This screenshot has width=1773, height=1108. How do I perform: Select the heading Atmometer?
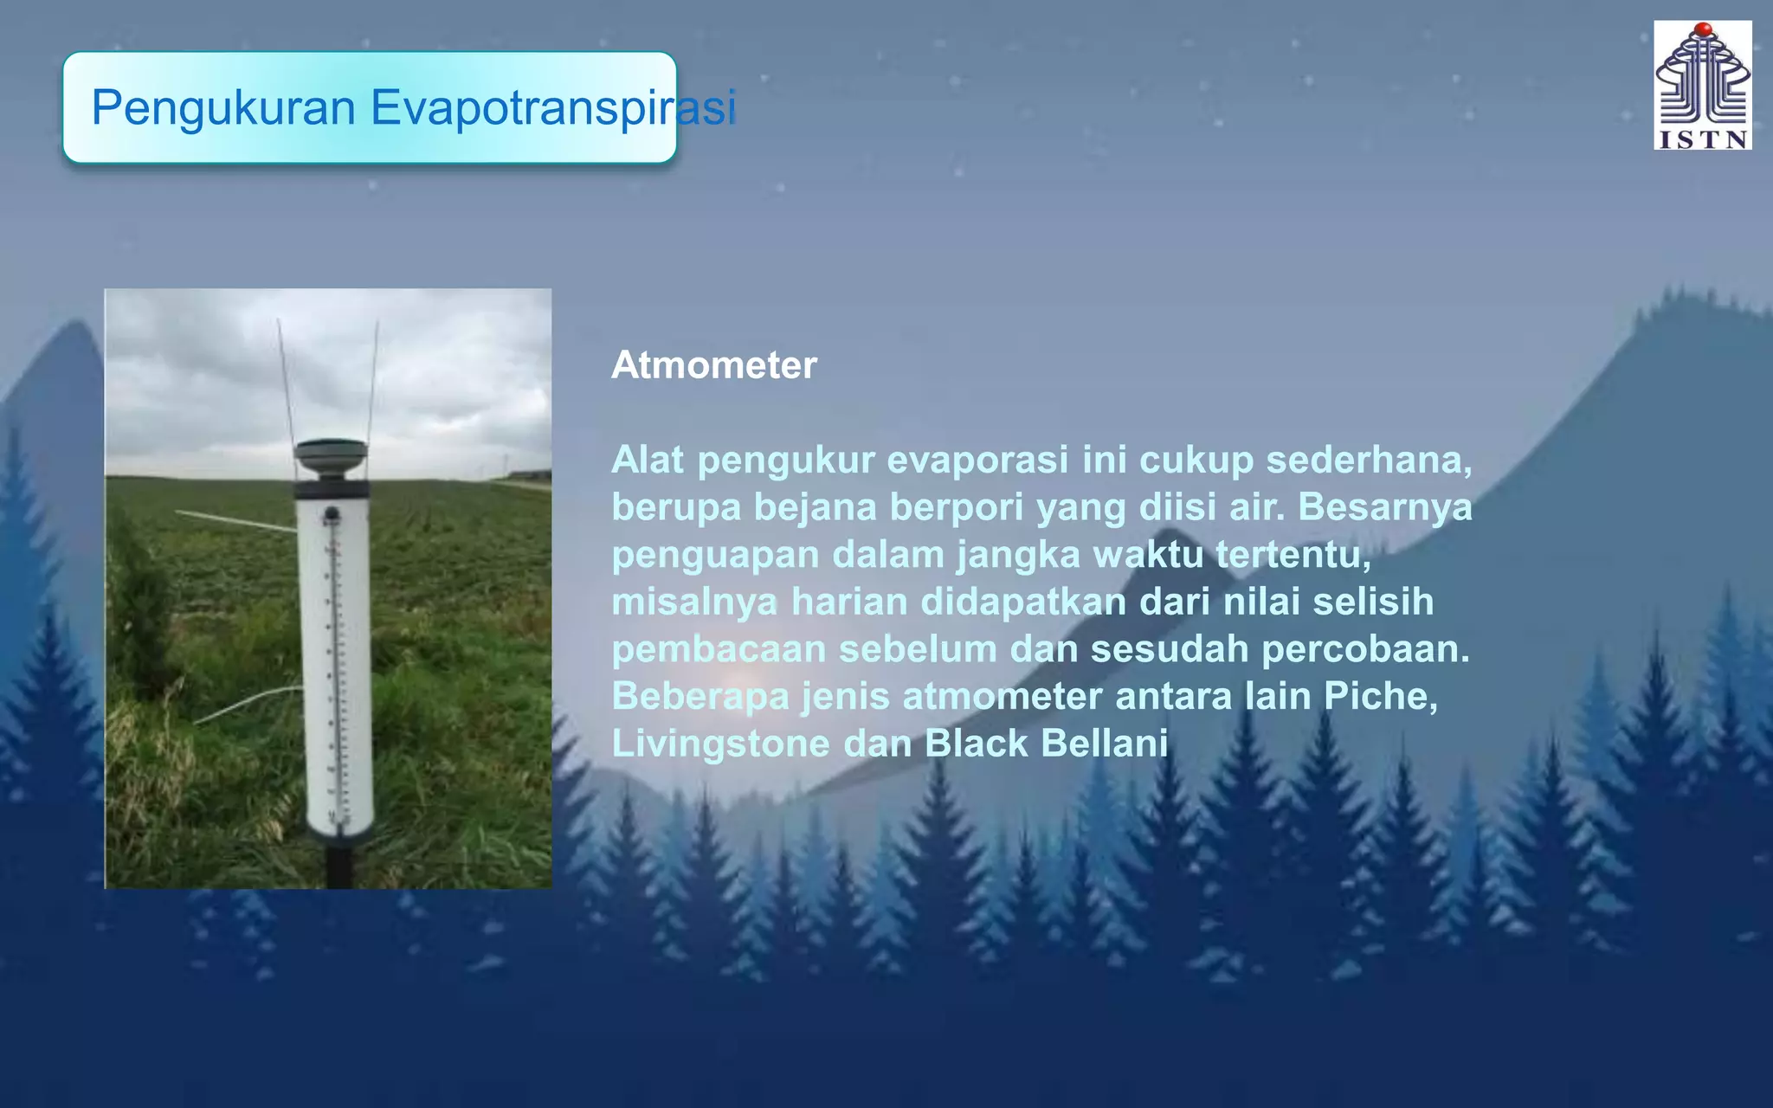click(713, 365)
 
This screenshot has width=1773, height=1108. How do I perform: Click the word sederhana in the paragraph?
click(1368, 460)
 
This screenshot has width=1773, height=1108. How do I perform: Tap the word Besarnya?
click(1384, 507)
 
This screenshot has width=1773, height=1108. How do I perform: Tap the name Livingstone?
click(720, 744)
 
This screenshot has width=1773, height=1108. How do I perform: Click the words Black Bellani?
click(1046, 744)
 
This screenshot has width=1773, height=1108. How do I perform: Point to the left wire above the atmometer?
click(287, 381)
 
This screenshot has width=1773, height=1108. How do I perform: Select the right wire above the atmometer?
click(373, 381)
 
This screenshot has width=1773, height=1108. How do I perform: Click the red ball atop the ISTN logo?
click(1703, 29)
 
